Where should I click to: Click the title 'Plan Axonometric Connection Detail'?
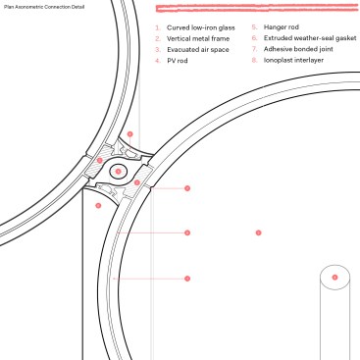point(44,7)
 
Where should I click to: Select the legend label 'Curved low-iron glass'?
point(201,27)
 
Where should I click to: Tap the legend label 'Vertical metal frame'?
point(198,38)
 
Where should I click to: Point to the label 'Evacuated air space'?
point(198,50)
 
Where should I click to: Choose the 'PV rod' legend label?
point(178,61)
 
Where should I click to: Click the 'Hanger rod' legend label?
point(282,27)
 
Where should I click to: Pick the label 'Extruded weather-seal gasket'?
point(310,38)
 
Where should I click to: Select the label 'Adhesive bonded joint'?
point(298,49)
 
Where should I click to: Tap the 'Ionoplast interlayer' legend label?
point(293,60)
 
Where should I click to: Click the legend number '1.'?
point(158,27)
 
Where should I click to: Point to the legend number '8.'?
point(255,60)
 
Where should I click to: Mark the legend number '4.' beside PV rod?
point(158,61)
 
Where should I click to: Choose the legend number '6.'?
point(255,38)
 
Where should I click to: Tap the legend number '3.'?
point(158,50)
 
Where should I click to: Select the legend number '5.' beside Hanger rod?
point(255,27)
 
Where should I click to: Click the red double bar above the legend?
point(257,9)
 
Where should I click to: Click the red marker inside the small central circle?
point(119,172)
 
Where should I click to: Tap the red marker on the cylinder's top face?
point(334,278)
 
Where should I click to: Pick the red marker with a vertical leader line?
point(130,134)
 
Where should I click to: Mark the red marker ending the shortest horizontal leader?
point(187,188)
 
